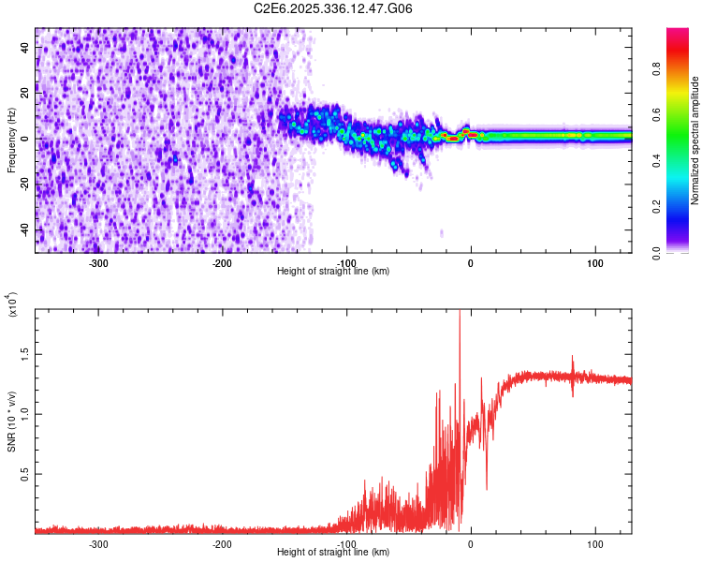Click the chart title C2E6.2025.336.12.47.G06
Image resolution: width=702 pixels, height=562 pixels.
333,8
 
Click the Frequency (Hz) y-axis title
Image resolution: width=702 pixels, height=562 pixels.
11,140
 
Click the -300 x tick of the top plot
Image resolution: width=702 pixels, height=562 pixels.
98,262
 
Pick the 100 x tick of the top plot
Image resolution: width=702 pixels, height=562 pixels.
594,262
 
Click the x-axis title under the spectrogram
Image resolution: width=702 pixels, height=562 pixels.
333,271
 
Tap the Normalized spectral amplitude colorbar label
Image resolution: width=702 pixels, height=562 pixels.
695,140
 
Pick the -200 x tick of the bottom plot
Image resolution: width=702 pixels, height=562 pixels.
222,543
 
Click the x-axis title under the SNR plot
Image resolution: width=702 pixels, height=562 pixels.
333,552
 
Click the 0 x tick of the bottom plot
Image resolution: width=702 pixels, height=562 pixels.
471,543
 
